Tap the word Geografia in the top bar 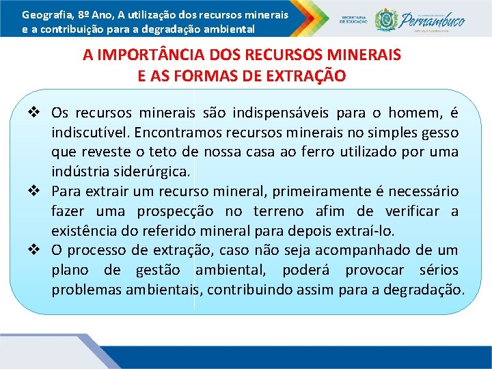coord(44,14)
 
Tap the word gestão coord(162,271)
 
